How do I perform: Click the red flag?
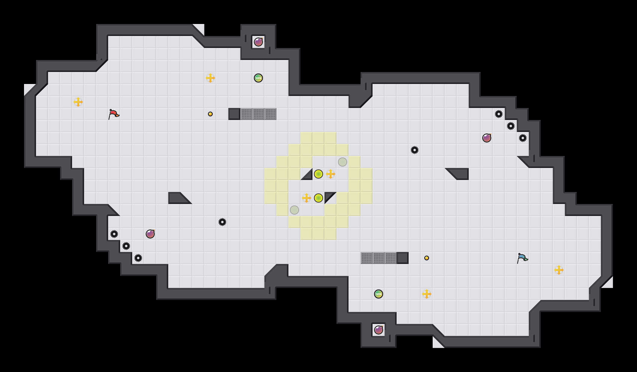pos(113,114)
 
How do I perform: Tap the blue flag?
pos(522,258)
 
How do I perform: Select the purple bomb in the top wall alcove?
pos(258,42)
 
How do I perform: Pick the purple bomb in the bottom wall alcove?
pos(379,330)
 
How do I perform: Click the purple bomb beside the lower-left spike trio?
pos(150,234)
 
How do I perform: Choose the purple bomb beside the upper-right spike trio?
pos(487,138)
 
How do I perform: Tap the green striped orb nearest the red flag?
pos(258,78)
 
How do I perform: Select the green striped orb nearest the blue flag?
pos(379,294)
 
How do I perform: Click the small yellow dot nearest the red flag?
pos(210,114)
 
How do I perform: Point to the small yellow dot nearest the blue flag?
pos(427,258)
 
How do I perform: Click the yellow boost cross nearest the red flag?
pos(78,102)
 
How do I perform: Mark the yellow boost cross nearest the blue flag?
pos(559,270)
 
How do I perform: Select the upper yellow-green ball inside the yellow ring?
pos(318,174)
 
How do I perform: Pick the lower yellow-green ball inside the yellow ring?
pos(318,198)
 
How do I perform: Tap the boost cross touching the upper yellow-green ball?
pos(331,174)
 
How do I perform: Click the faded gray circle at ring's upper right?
pos(343,162)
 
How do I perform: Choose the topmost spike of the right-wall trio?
pos(499,114)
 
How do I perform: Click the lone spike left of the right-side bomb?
pos(415,150)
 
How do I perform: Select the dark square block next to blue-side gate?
pos(403,258)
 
